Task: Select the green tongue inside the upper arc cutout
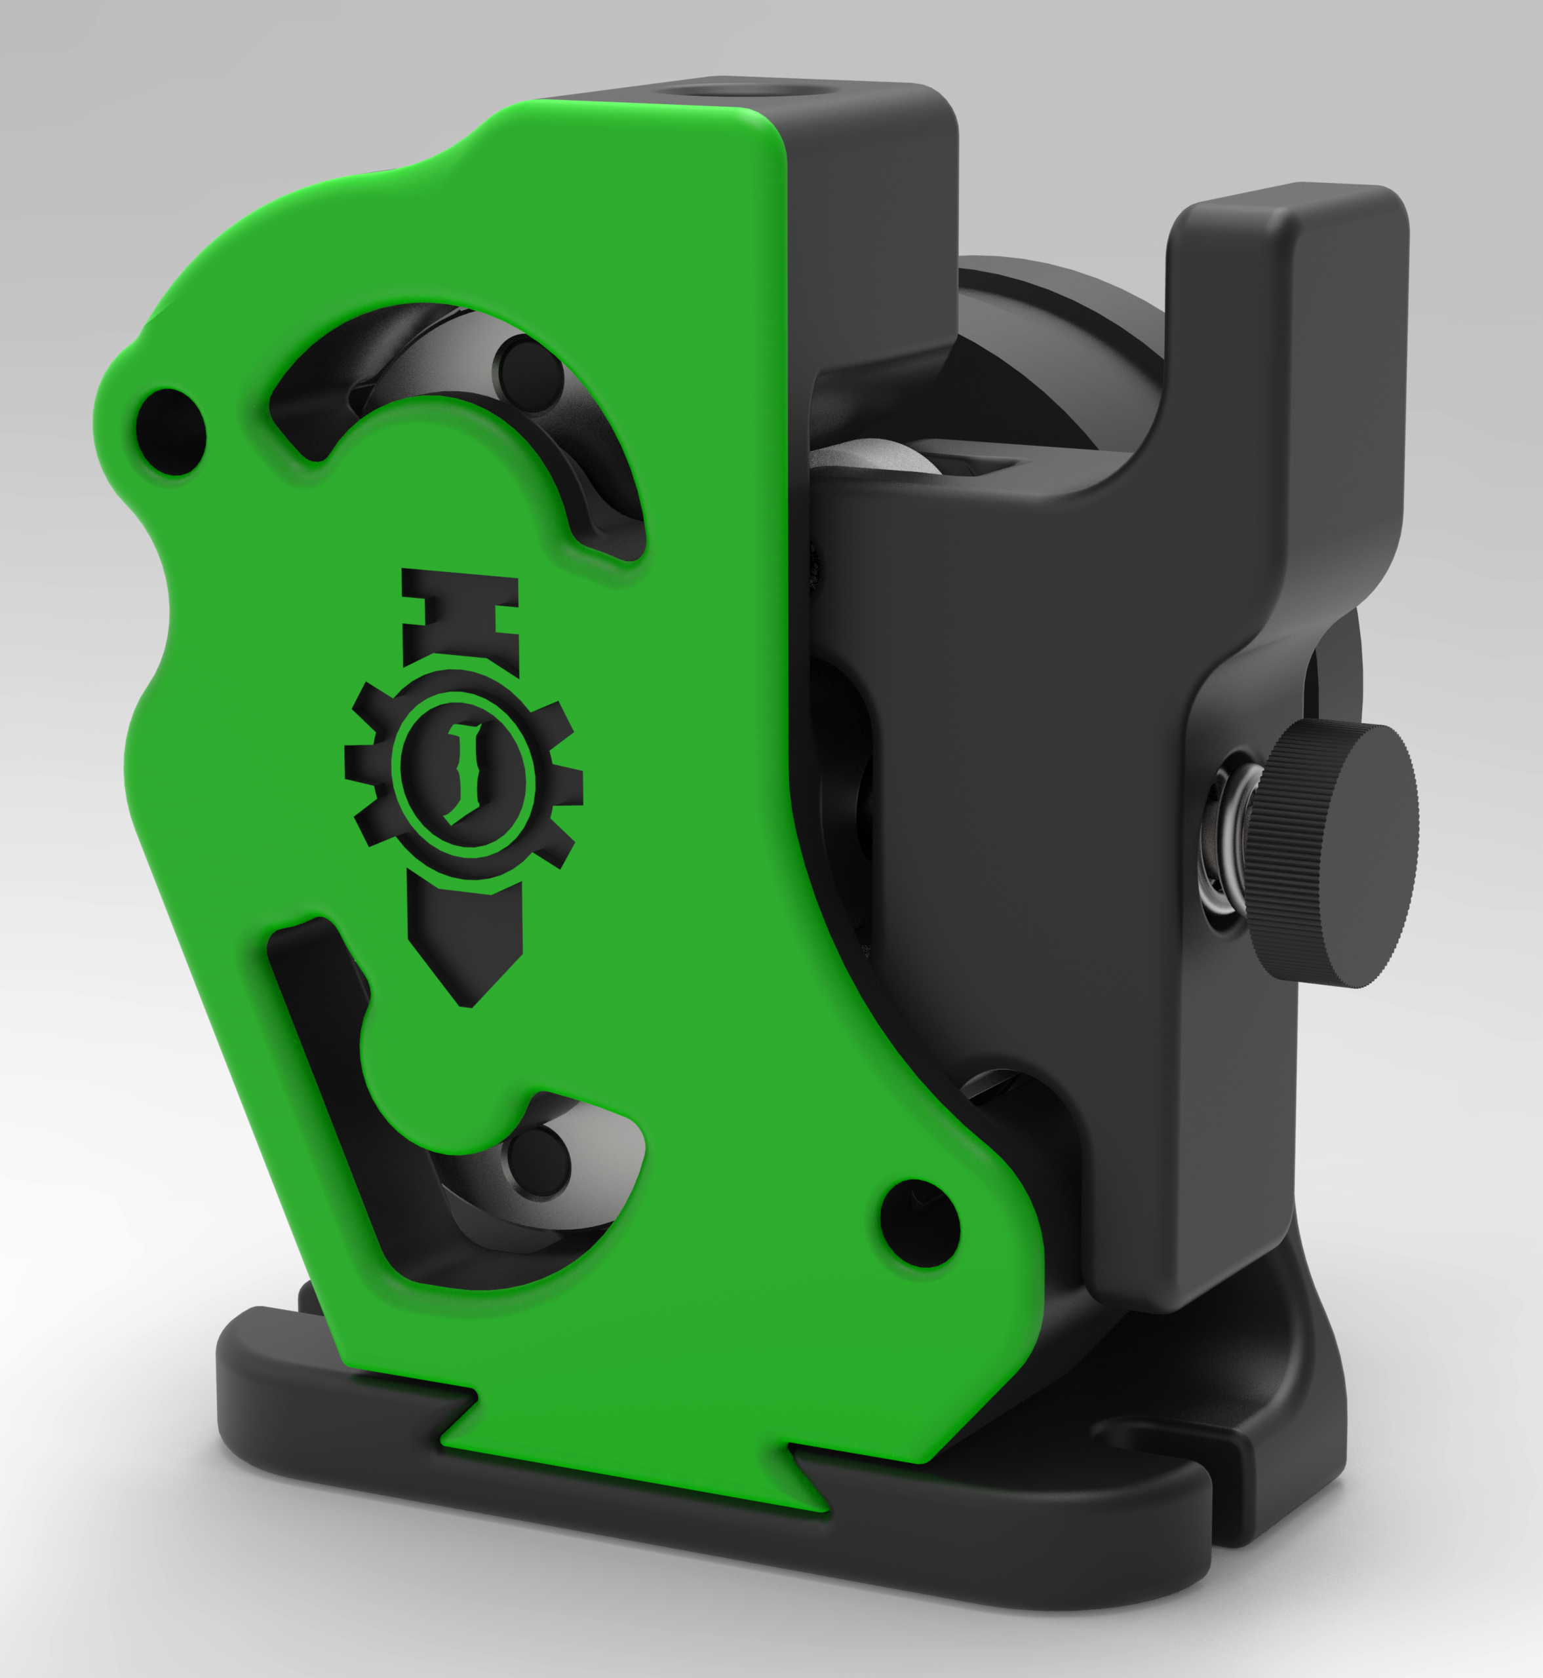pos(451,451)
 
